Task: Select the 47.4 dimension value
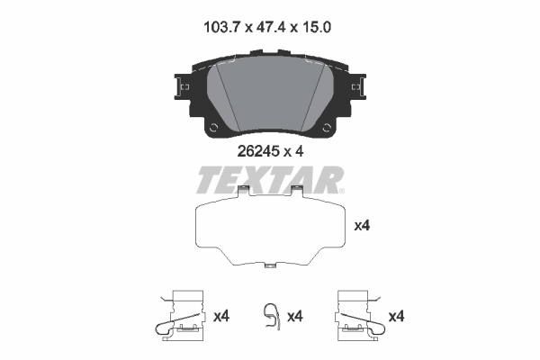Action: (x=270, y=29)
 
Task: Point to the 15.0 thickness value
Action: (x=317, y=29)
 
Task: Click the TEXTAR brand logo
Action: (x=269, y=180)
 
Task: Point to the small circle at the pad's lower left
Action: (x=213, y=128)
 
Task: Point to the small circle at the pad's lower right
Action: (x=325, y=128)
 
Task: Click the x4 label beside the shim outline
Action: (x=363, y=226)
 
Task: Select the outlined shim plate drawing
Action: (x=269, y=230)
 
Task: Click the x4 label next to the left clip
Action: (x=221, y=316)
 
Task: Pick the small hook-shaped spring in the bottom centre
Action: (x=270, y=316)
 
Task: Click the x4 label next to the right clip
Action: (x=397, y=316)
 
